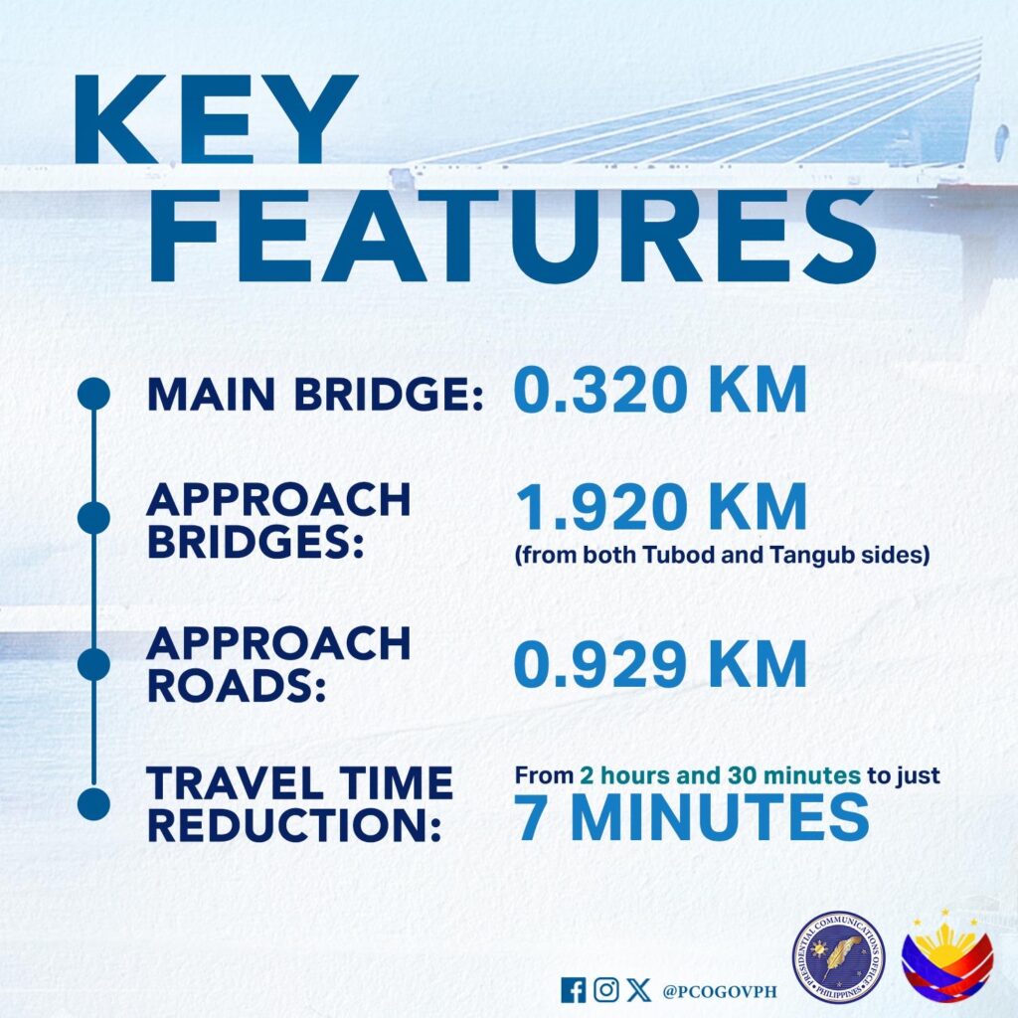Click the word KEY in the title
(x=216, y=119)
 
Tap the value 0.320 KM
(x=660, y=390)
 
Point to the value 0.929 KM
(x=660, y=663)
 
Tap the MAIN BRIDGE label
(x=315, y=394)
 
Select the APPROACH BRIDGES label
(x=279, y=520)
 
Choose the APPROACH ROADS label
(x=279, y=664)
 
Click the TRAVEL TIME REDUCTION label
(x=300, y=803)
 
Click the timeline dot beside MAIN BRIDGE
(x=93, y=394)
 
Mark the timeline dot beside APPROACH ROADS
(x=93, y=663)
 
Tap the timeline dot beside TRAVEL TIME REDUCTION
(x=93, y=803)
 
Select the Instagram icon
(x=605, y=990)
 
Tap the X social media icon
(x=639, y=990)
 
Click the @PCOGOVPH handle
(x=720, y=991)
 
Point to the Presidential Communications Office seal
(x=839, y=957)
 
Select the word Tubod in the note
(x=669, y=555)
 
